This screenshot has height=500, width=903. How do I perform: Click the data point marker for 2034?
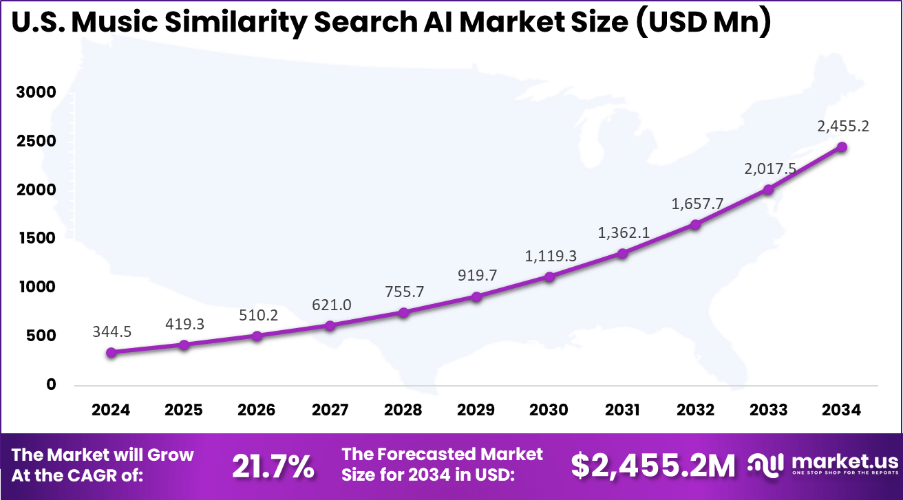click(x=842, y=147)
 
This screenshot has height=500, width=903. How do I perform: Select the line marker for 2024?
click(x=111, y=352)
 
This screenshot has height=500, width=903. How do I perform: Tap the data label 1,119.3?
click(x=550, y=257)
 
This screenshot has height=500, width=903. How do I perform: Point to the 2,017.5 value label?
click(x=767, y=169)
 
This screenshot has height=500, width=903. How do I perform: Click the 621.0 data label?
click(x=330, y=304)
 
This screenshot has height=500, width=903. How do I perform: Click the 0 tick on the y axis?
click(x=51, y=384)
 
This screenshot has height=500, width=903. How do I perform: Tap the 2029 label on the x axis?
click(x=476, y=411)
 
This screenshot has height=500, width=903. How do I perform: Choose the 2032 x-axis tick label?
click(x=695, y=411)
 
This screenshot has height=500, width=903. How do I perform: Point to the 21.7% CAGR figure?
click(x=273, y=467)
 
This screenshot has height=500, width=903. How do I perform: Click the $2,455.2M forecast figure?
click(x=653, y=467)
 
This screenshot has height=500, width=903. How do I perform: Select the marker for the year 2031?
click(x=622, y=253)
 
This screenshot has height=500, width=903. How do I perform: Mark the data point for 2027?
click(x=330, y=325)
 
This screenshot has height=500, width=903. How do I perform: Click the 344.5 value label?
click(x=111, y=331)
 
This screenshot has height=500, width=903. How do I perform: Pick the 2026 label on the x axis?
click(x=257, y=411)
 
